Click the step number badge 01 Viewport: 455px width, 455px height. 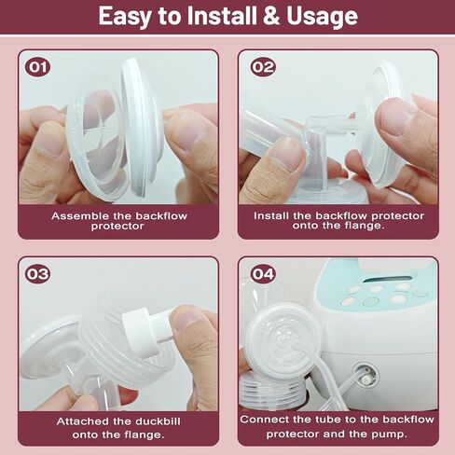click(38, 67)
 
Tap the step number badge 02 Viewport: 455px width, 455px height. click(263, 67)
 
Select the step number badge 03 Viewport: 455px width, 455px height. click(38, 274)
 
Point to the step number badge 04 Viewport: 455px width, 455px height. click(263, 274)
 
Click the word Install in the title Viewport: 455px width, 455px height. click(222, 17)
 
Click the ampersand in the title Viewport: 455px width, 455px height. click(271, 17)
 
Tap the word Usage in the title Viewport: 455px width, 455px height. click(322, 18)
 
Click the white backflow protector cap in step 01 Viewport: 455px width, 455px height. click(142, 128)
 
